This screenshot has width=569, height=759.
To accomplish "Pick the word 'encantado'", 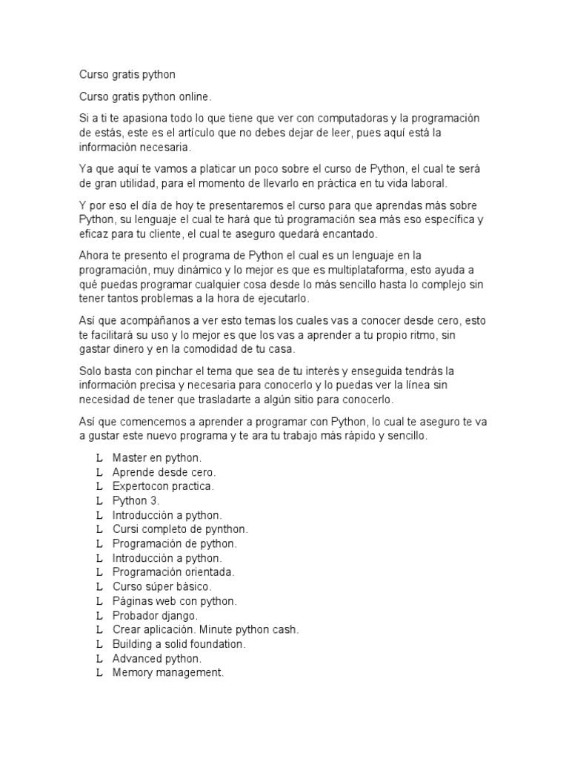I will point(345,233).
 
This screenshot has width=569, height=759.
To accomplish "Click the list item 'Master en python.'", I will point(156,458).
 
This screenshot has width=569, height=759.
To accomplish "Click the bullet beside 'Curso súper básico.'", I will point(99,586).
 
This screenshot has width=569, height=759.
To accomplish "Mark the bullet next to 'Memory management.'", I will point(99,672).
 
